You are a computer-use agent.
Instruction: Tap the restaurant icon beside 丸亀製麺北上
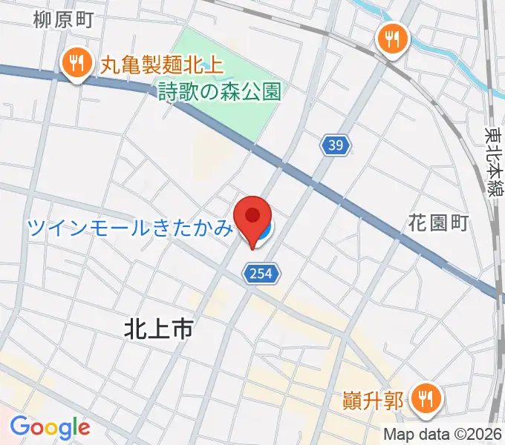coord(76,63)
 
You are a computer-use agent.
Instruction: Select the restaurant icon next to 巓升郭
coord(426,400)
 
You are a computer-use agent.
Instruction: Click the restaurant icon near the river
coord(392,39)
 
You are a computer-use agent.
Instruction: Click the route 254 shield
coord(261,274)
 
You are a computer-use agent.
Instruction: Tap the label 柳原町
coord(63,19)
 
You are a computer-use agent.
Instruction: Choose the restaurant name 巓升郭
coord(374,401)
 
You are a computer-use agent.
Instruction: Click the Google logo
coord(50,427)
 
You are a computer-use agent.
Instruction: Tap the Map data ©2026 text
coord(443,433)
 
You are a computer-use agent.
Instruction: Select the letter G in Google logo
coord(19,427)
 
